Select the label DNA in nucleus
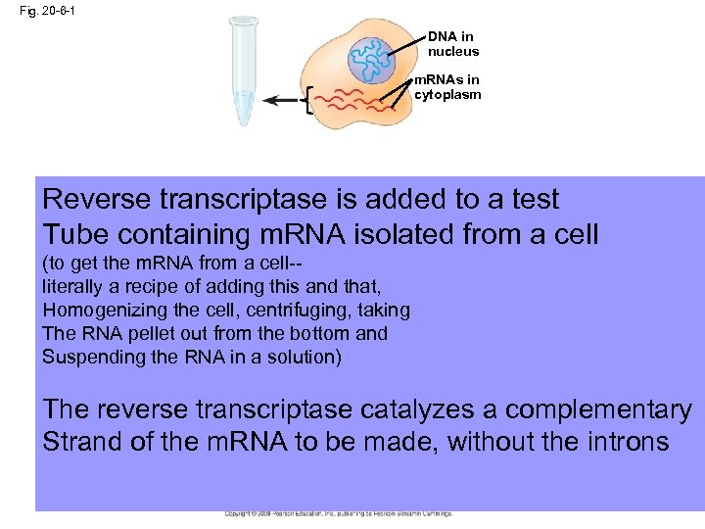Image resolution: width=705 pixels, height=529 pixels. (x=453, y=44)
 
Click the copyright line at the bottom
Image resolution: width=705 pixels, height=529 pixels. (x=338, y=513)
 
